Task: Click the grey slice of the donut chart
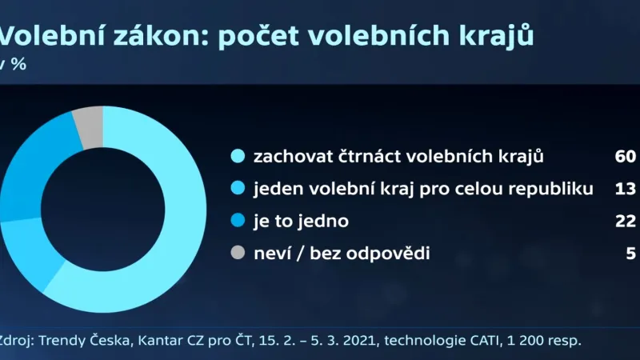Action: (x=89, y=127)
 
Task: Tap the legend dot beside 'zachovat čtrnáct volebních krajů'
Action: (x=237, y=156)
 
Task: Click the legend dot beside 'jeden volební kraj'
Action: (x=237, y=189)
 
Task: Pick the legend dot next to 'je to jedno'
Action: (x=237, y=222)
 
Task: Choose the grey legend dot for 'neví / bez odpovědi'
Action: (x=237, y=254)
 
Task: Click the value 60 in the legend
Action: (x=625, y=156)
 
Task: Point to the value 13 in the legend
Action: (x=626, y=189)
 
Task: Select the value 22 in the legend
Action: (x=625, y=222)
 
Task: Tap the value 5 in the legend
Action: (x=630, y=254)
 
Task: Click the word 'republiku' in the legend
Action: (x=559, y=189)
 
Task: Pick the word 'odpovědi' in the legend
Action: (x=396, y=254)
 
